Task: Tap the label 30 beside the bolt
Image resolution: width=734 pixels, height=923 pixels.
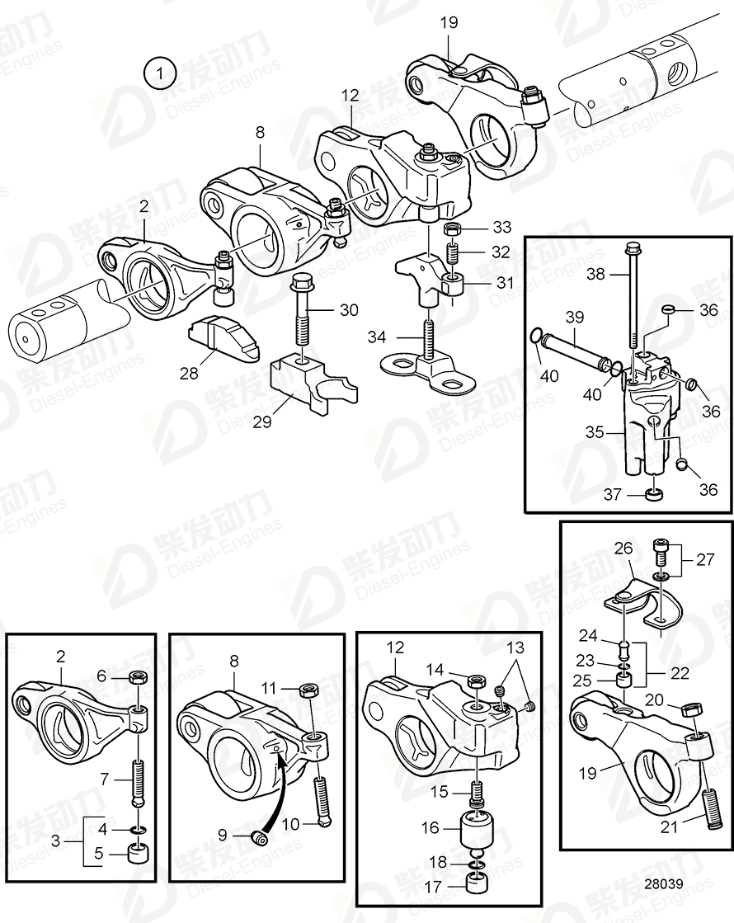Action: point(349,310)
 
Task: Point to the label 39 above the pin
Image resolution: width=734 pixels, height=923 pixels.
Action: point(575,318)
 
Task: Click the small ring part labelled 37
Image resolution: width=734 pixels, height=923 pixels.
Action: point(654,495)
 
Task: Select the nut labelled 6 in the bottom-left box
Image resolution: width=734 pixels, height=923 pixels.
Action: point(139,678)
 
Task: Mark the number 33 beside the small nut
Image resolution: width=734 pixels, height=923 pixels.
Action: point(501,228)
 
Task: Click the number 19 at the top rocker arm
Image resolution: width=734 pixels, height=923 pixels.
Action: point(448,22)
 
